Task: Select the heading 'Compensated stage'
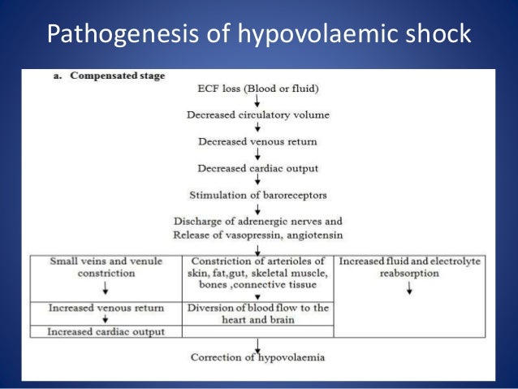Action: pyautogui.click(x=117, y=76)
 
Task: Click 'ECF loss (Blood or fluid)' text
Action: pyautogui.click(x=258, y=87)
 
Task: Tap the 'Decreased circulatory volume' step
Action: pyautogui.click(x=258, y=115)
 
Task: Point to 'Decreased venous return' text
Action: pyautogui.click(x=257, y=141)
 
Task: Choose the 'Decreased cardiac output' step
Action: pyautogui.click(x=257, y=168)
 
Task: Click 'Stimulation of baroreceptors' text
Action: pyautogui.click(x=257, y=195)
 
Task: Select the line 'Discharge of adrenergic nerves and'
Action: pyautogui.click(x=258, y=221)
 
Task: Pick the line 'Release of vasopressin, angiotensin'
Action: pyautogui.click(x=257, y=236)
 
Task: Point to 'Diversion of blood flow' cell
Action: pyautogui.click(x=257, y=313)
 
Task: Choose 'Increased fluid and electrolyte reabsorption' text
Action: pyautogui.click(x=409, y=267)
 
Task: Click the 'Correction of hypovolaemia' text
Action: pyautogui.click(x=257, y=357)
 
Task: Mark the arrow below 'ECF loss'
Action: pyautogui.click(x=257, y=101)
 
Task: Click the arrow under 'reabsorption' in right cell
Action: pyautogui.click(x=409, y=290)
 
